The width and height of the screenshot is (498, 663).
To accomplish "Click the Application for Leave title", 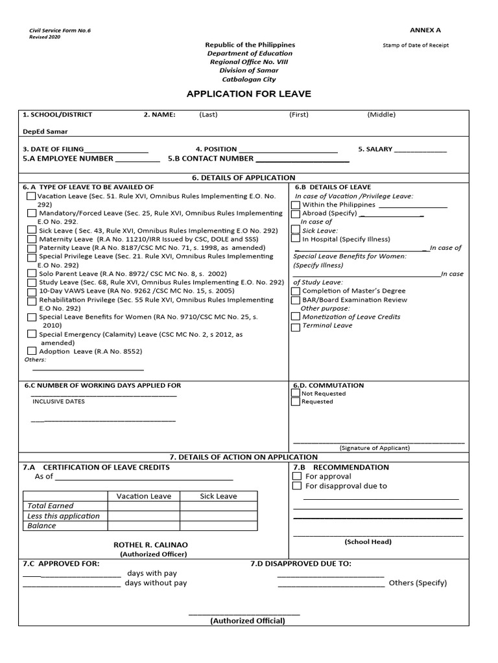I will (248, 94).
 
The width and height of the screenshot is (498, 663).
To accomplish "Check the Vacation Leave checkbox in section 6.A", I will (31, 196).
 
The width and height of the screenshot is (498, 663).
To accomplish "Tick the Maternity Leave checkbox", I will (32, 239).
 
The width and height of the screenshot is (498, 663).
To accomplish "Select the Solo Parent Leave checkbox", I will (32, 273).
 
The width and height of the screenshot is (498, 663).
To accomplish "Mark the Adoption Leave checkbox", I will (32, 351).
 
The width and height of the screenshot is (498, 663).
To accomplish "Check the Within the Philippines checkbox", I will (296, 205).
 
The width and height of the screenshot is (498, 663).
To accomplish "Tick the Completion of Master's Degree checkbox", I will (296, 291).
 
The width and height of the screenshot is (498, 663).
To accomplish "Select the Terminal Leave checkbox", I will (296, 326).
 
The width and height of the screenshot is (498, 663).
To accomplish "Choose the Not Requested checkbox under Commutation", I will (296, 393).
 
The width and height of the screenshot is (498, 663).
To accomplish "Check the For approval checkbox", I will (297, 477).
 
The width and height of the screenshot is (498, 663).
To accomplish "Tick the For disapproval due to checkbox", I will (297, 486).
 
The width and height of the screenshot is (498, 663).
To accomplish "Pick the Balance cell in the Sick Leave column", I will (218, 526).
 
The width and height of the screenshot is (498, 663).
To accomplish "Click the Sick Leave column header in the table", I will (218, 496).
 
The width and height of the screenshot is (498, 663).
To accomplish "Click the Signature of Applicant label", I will (375, 447).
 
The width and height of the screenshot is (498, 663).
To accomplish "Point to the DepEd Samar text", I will (45, 131).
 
